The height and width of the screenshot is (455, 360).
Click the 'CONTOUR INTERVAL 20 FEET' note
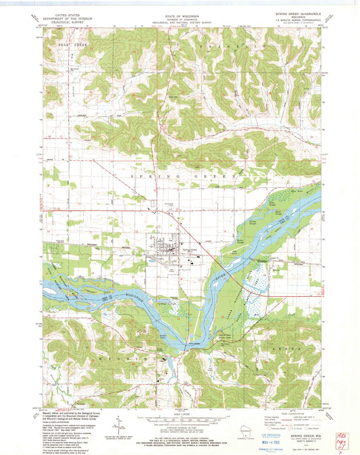tap(179, 427)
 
